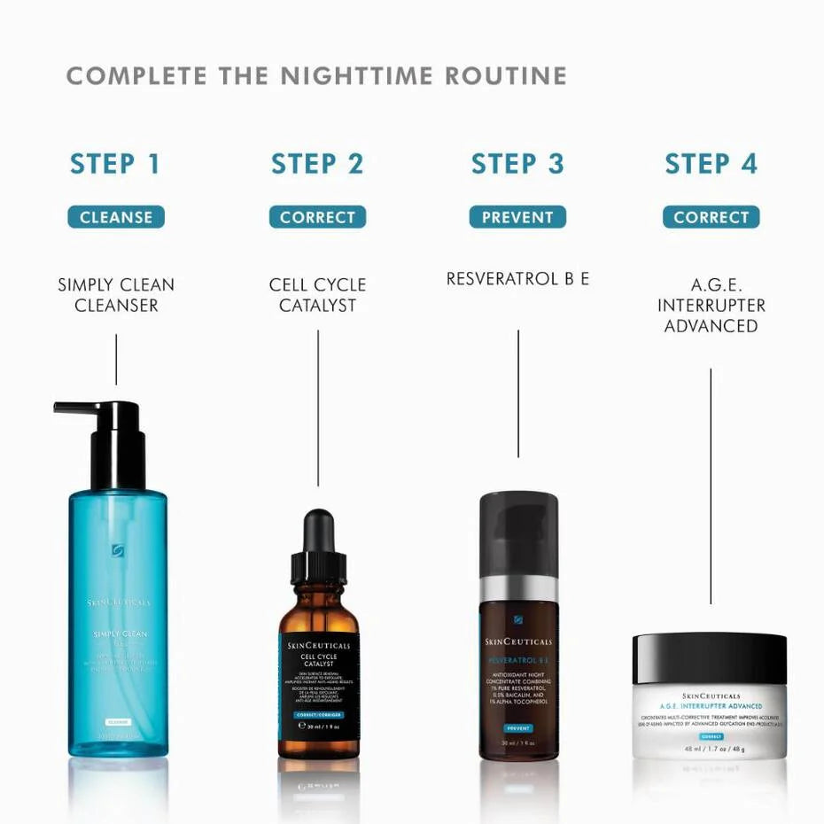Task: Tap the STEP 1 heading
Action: pos(115,164)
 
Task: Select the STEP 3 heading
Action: pos(517,164)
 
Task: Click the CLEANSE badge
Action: pos(116,217)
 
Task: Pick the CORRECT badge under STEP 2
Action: pos(317,217)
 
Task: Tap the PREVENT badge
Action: pos(517,217)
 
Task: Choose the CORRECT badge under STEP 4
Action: pos(711,217)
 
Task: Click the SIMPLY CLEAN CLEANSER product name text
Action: pos(116,295)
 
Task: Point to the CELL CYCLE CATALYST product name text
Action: pos(317,295)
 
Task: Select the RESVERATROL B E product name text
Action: pos(517,279)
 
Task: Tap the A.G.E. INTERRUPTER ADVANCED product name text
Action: pos(711,305)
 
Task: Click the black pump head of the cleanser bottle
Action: pos(111,434)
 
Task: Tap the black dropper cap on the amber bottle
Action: pos(318,545)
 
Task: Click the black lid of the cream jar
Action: pos(710,657)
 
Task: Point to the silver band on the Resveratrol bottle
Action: pos(518,587)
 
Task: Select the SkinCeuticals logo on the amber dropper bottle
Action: pos(319,646)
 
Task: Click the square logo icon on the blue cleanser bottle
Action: pos(118,550)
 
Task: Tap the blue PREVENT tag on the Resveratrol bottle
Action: pos(518,727)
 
